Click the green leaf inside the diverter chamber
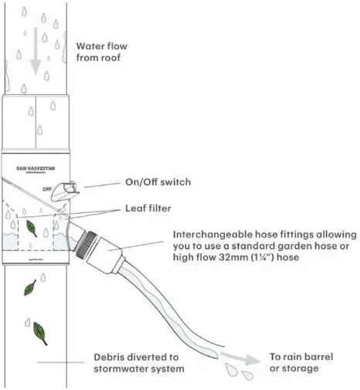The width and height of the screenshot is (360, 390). click(x=31, y=229)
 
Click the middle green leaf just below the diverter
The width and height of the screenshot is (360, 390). click(x=28, y=289)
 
